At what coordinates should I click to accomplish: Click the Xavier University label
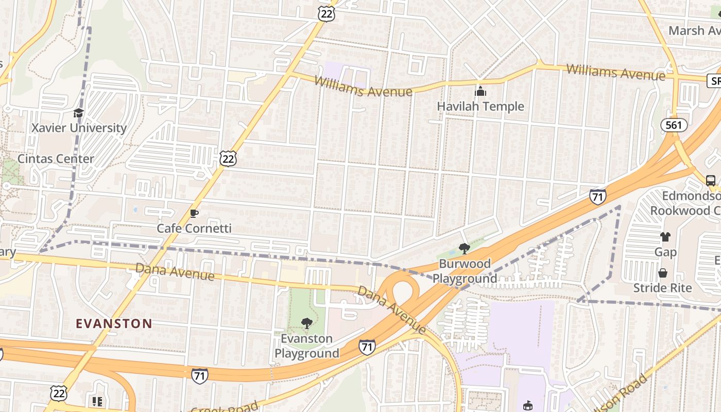point(79,128)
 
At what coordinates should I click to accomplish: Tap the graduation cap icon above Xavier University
point(78,113)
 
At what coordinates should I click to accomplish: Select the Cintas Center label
point(56,159)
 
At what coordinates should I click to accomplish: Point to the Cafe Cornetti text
point(194,228)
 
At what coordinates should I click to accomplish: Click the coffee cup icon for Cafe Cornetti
point(194,213)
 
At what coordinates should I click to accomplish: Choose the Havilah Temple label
point(480,107)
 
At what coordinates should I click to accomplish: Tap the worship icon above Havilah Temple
point(480,92)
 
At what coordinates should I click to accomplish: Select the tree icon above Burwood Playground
point(465,249)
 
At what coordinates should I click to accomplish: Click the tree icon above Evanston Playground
point(307,323)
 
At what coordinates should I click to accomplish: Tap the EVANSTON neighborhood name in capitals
point(114,323)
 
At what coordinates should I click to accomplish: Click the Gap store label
point(665,252)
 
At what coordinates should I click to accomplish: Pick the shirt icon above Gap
point(665,237)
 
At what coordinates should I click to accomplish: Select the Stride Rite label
point(663,287)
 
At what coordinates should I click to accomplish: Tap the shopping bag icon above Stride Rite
point(663,272)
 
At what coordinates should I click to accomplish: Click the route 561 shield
point(674,125)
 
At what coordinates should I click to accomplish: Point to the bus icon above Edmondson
point(711,181)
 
